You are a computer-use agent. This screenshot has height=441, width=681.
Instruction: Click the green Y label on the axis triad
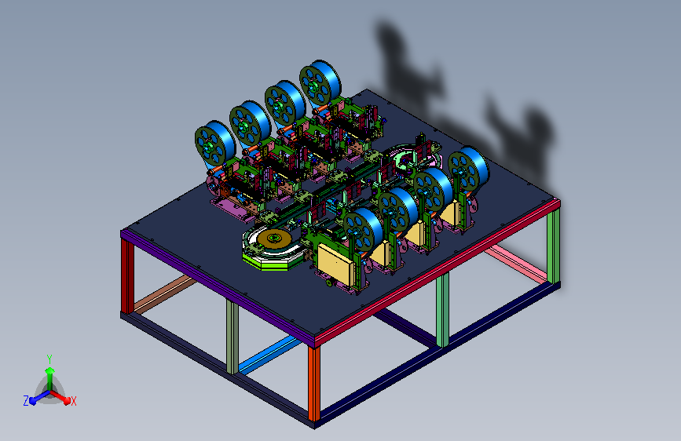(49, 359)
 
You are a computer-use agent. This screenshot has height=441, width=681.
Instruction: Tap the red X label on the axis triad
(73, 401)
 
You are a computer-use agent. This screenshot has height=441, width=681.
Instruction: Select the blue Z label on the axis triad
(26, 401)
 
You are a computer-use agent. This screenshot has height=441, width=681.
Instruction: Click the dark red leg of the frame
(127, 276)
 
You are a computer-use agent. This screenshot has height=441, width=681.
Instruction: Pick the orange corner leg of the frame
(314, 384)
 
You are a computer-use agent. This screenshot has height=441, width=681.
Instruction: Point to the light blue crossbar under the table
(269, 355)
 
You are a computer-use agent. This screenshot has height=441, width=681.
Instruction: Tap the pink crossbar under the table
(515, 264)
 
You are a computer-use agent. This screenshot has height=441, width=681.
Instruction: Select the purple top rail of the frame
(217, 286)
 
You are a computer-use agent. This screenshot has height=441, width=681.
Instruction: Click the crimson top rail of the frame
(437, 272)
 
